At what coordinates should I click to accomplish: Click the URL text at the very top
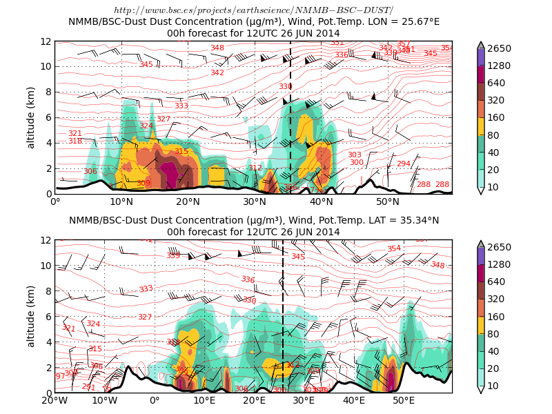click(253, 10)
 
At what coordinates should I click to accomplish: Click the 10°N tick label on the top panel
click(121, 201)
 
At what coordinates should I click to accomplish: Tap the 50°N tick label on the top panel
click(388, 201)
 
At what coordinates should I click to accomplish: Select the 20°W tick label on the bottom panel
click(55, 400)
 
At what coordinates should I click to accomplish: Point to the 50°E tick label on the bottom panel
click(404, 400)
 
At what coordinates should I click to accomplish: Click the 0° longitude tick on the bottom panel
click(155, 400)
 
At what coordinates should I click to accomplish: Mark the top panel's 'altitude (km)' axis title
click(31, 117)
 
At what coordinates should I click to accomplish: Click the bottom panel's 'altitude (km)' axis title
click(31, 316)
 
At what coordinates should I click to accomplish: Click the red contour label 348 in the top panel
click(217, 48)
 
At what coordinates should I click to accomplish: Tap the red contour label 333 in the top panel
click(181, 106)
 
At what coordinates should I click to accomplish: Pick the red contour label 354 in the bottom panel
click(394, 248)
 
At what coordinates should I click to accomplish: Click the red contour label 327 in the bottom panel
click(145, 317)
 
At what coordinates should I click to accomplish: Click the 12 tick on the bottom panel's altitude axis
click(46, 240)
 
